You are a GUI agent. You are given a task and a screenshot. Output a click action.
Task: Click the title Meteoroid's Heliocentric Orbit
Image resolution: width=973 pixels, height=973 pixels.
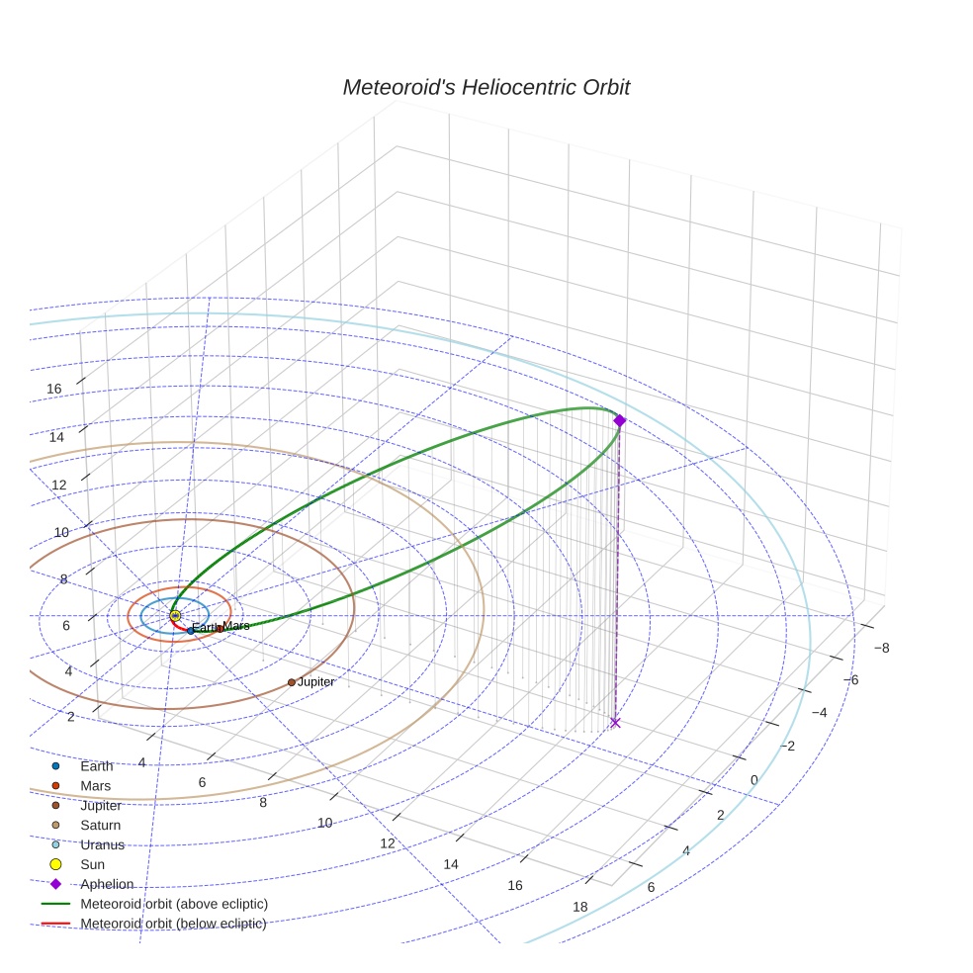486,87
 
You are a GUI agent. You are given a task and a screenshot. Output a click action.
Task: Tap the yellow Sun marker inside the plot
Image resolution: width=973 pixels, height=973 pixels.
175,616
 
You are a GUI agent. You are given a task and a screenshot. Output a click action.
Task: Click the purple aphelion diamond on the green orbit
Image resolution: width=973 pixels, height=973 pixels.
619,420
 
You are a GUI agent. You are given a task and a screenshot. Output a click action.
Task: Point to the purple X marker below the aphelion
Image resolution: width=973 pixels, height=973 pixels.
615,722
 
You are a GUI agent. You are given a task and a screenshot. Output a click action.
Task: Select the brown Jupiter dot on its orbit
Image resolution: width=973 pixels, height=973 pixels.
292,682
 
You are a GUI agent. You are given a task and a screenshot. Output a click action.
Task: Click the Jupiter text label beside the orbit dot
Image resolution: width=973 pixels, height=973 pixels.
315,682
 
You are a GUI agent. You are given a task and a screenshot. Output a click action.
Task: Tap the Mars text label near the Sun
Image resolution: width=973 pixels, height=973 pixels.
235,626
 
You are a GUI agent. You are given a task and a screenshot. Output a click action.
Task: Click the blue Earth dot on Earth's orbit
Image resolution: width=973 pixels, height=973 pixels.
191,631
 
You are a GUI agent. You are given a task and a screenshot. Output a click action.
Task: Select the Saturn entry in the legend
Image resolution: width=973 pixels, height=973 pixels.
86,826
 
